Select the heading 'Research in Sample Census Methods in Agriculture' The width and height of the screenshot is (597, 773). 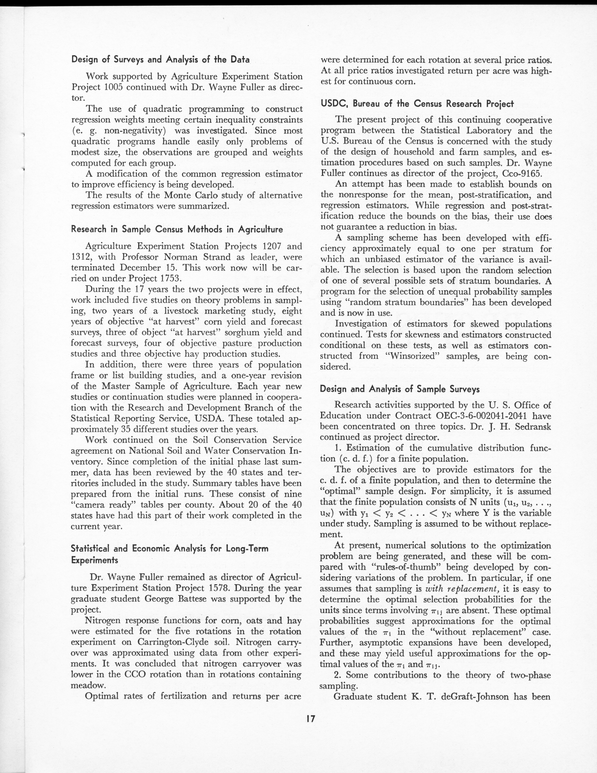pos(177,229)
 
